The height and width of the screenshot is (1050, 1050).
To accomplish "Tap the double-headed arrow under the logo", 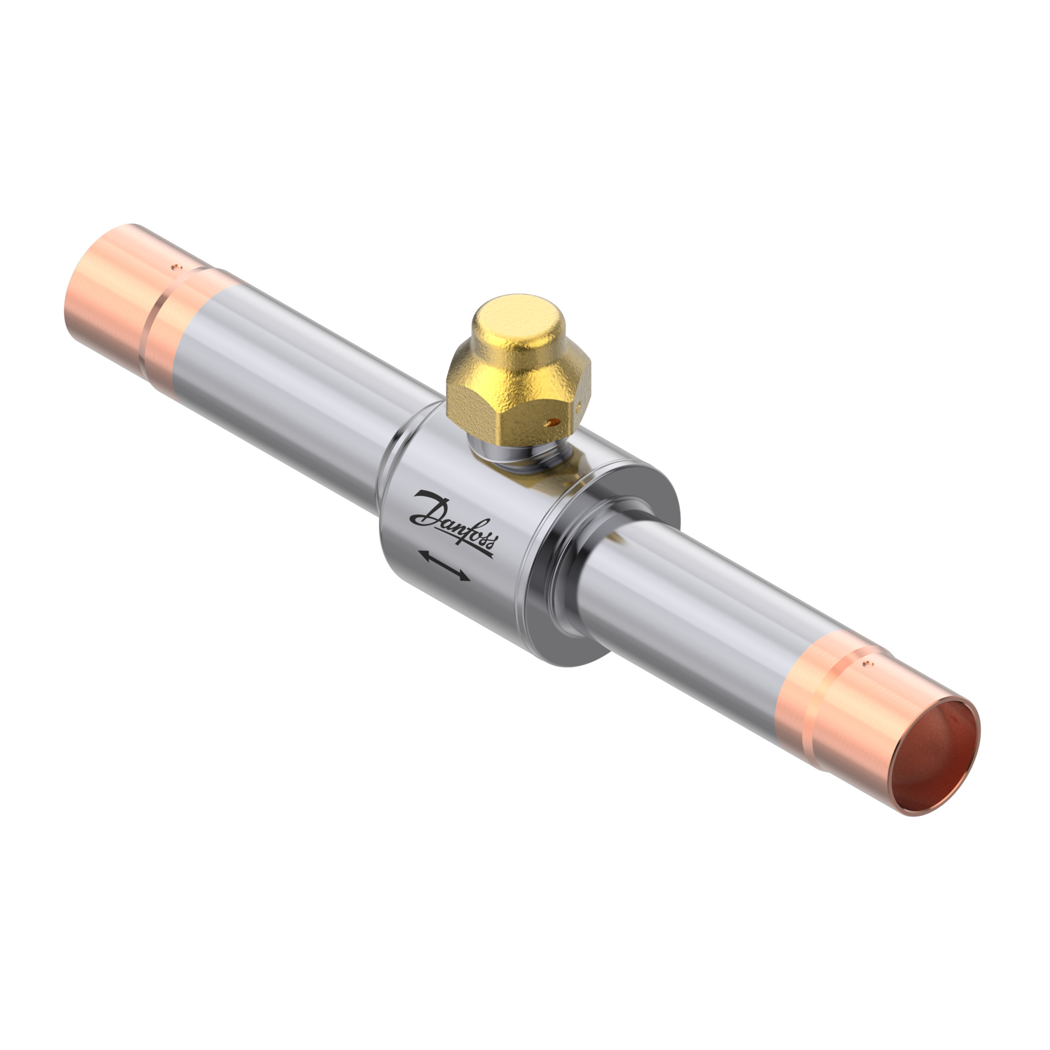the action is point(445,566).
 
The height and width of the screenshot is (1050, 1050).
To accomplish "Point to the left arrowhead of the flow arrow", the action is point(423,555).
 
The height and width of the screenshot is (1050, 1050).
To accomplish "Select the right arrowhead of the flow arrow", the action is point(465,577).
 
